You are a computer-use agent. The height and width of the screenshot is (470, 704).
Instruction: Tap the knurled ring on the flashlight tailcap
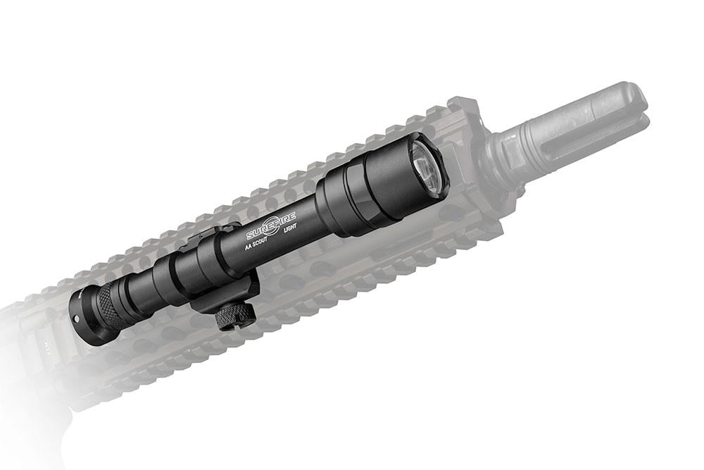(103, 307)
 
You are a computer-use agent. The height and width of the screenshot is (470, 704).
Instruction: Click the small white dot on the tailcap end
(76, 318)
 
